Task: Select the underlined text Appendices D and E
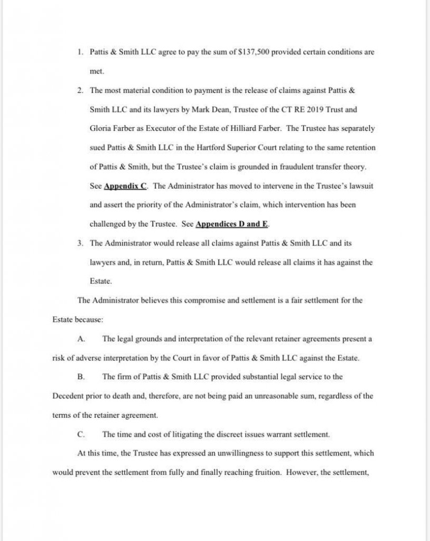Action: [x=232, y=224]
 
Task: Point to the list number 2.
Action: [x=80, y=90]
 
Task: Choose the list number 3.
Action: [x=80, y=243]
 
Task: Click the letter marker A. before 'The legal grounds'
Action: [x=81, y=339]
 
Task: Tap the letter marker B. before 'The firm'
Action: [x=81, y=377]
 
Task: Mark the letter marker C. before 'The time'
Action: [x=81, y=434]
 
